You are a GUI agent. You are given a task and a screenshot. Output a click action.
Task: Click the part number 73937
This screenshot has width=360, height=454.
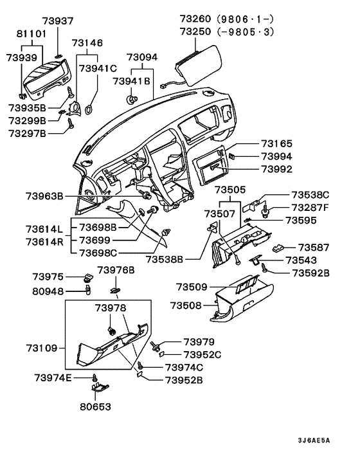coord(59,21)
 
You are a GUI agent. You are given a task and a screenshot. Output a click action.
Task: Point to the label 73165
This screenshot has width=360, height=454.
coord(276,144)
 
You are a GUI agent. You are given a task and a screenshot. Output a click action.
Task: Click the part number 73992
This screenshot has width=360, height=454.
coord(276,169)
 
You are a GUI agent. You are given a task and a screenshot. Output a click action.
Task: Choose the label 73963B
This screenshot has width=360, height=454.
coord(44,195)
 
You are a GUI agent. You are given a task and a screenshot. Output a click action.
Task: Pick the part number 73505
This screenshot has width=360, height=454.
coord(230,190)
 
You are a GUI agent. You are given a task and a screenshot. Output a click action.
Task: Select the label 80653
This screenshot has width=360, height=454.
coord(95,406)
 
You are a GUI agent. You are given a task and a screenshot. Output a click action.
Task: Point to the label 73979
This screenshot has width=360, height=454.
coord(199,342)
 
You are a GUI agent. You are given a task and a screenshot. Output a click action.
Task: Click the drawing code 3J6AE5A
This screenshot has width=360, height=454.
coord(313,440)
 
